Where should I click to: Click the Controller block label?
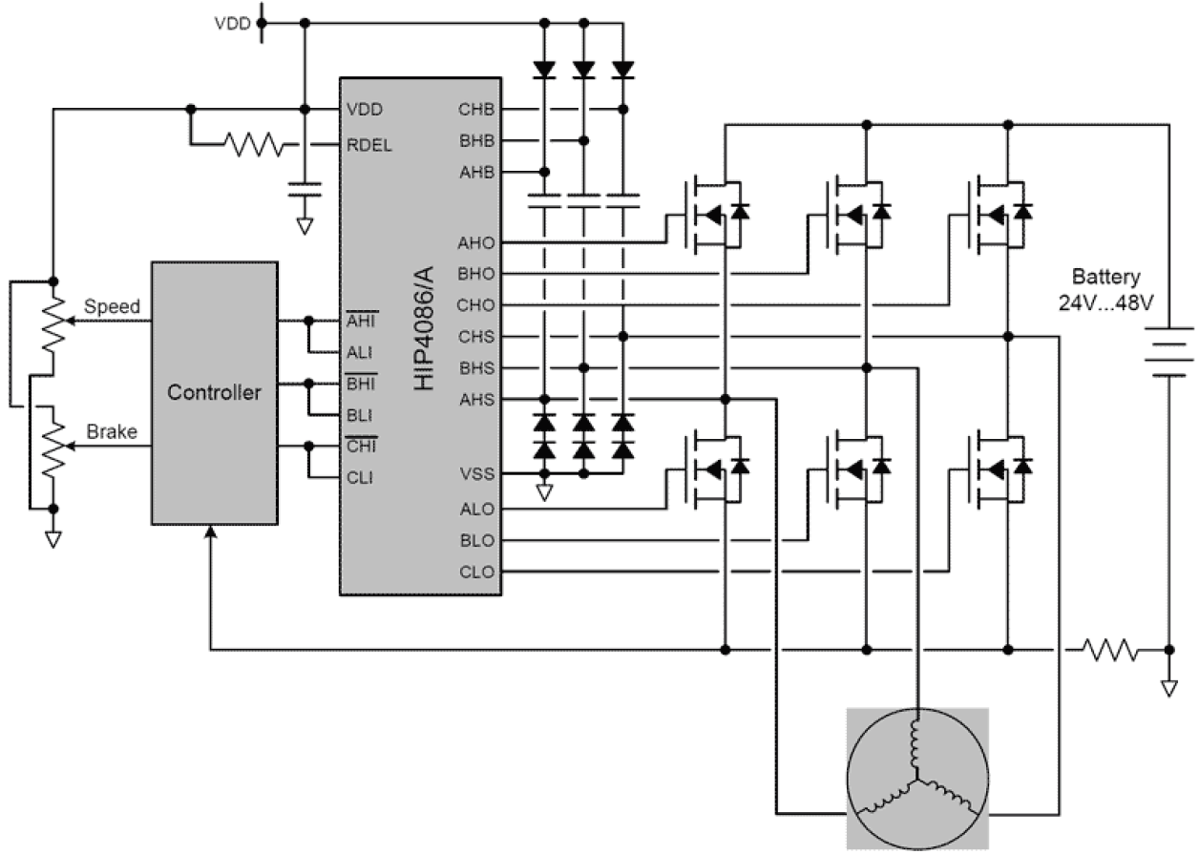tap(215, 392)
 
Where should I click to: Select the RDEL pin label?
tap(370, 146)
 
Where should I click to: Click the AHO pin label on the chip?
tap(476, 242)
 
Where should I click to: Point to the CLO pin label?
tap(476, 573)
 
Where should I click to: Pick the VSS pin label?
tap(477, 472)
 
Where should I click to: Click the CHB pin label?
tap(476, 109)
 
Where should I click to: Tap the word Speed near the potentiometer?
tap(112, 307)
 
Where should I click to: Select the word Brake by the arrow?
tap(112, 431)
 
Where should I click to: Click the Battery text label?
tap(1105, 278)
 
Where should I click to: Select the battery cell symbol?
tap(1168, 352)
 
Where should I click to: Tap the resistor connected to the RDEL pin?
tap(254, 146)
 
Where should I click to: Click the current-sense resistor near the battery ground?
tap(1109, 651)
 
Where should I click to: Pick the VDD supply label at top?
tap(232, 24)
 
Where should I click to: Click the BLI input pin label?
tap(360, 415)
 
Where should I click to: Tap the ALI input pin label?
tap(360, 352)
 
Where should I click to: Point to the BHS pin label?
tap(476, 368)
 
